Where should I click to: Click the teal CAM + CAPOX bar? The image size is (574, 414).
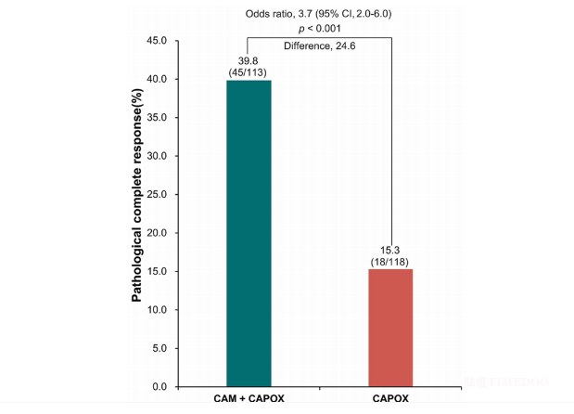click(x=248, y=233)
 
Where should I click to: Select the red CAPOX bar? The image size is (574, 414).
click(x=390, y=328)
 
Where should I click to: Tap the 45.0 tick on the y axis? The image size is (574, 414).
click(x=156, y=41)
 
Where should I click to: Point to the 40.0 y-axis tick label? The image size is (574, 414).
click(x=156, y=79)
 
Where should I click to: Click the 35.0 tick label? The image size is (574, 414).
click(x=156, y=118)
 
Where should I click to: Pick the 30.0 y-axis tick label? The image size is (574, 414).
click(x=156, y=156)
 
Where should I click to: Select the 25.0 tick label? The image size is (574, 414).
click(x=156, y=194)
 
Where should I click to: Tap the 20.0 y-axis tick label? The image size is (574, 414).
click(x=156, y=233)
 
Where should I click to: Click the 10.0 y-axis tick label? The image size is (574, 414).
click(x=156, y=309)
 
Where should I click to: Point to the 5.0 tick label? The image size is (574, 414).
click(x=159, y=348)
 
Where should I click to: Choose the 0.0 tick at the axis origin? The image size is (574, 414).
click(x=159, y=386)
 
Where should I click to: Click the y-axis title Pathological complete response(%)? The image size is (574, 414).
click(x=136, y=214)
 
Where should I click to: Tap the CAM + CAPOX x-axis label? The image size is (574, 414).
click(x=248, y=399)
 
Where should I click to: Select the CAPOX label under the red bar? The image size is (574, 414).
click(x=390, y=399)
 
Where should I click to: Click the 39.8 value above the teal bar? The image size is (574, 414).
click(x=248, y=59)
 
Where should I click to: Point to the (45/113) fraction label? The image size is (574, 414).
click(x=248, y=71)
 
